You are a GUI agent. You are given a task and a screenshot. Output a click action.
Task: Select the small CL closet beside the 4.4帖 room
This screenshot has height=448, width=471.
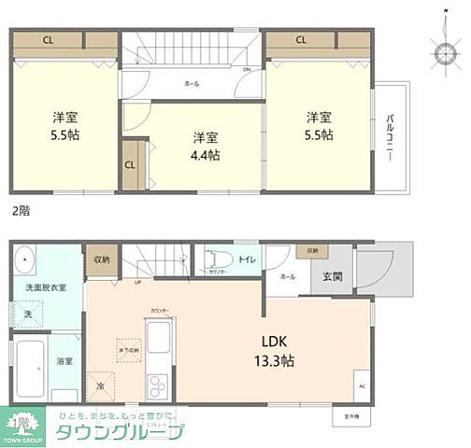tap(129, 165)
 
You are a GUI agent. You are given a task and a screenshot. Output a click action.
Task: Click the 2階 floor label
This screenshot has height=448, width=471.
tap(20, 211)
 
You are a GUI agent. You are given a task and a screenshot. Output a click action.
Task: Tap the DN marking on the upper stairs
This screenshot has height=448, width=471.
tap(246, 70)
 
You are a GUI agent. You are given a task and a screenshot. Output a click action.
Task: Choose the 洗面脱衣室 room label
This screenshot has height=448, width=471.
tap(45, 287)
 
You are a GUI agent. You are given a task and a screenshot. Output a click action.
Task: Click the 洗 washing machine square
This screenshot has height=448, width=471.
tap(29, 315)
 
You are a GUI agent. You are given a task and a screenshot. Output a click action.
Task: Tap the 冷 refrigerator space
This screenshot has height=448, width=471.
tap(100, 384)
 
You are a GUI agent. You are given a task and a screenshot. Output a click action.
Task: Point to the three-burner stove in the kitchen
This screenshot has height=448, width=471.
tap(156, 383)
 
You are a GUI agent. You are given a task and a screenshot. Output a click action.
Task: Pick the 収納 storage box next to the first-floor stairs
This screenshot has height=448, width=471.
tap(100, 259)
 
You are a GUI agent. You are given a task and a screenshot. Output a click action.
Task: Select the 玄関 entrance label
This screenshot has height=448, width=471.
tap(334, 277)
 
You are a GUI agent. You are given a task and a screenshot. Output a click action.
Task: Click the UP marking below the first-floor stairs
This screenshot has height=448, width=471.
tap(138, 281)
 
